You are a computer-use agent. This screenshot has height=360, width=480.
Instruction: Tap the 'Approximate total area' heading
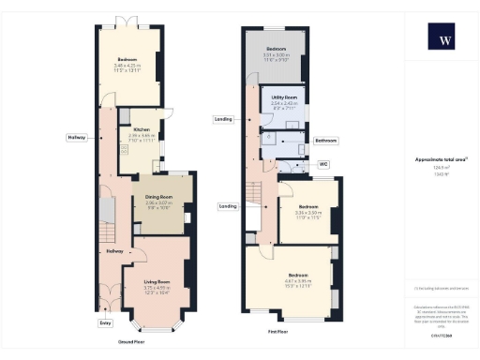coord(440,159)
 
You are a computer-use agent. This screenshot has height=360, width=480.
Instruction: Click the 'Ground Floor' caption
coord(130,343)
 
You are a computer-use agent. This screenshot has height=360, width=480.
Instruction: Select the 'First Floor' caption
coord(277,331)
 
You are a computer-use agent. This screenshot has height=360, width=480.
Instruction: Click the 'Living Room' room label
coord(156,281)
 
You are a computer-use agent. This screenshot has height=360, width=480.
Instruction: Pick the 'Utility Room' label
coord(284,97)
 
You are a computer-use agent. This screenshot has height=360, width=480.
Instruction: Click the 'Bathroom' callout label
coord(325,140)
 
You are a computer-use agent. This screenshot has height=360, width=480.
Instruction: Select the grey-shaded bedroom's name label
coord(276,48)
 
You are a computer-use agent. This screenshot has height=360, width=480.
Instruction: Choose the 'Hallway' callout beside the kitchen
coord(76,138)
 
